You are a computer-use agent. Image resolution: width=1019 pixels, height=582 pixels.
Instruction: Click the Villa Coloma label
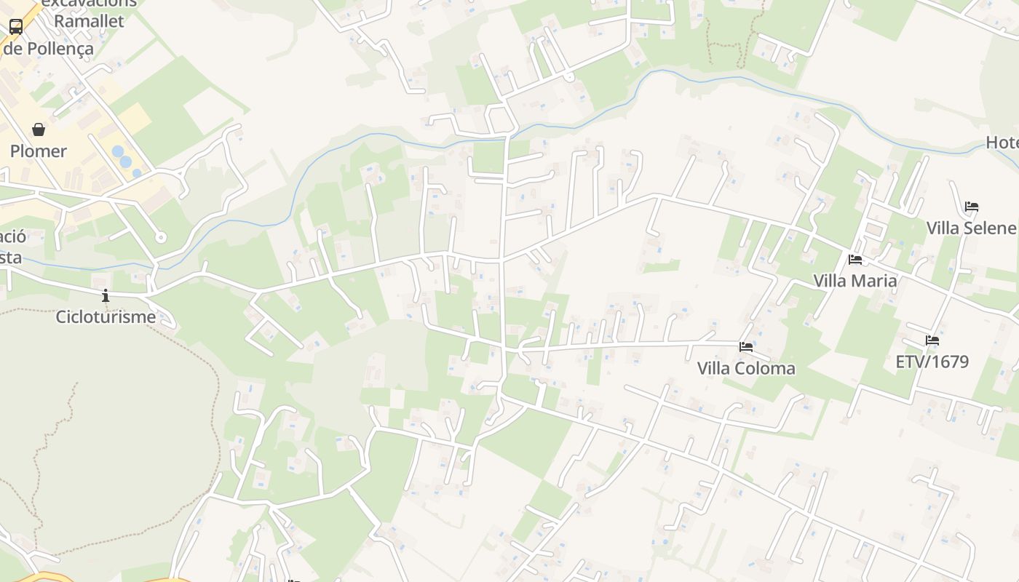[746, 368]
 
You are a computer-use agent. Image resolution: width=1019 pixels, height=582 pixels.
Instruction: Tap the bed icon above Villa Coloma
[746, 347]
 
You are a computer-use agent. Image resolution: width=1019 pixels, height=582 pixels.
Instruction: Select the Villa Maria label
[855, 281]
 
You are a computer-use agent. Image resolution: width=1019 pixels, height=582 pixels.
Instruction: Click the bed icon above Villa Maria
[855, 259]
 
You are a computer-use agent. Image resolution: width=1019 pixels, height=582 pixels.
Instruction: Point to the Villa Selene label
[971, 228]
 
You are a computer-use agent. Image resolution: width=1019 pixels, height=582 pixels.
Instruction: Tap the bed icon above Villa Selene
[972, 207]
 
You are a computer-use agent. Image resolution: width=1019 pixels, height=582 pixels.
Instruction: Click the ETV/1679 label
[932, 362]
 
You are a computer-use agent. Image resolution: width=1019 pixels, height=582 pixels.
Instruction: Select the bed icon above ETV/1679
[932, 340]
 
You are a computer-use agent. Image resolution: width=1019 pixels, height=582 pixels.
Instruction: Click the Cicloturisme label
[106, 317]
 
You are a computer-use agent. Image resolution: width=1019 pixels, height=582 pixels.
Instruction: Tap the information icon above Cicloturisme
[106, 295]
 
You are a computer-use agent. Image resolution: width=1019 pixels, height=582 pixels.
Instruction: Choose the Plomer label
[39, 151]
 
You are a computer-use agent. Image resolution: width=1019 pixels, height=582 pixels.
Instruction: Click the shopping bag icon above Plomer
[39, 129]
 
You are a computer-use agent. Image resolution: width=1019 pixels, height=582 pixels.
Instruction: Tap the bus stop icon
[16, 27]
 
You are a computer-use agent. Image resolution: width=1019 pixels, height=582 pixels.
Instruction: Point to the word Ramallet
[89, 21]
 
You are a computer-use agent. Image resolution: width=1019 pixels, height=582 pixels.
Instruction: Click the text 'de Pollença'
[48, 49]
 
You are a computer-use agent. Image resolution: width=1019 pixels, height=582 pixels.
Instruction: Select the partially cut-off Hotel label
[1002, 143]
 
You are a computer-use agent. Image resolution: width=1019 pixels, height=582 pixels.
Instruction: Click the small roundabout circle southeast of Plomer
[161, 237]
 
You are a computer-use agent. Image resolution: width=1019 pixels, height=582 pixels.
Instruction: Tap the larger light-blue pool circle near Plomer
[118, 151]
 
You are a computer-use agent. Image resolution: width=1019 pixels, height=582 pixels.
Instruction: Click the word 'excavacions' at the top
[89, 3]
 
